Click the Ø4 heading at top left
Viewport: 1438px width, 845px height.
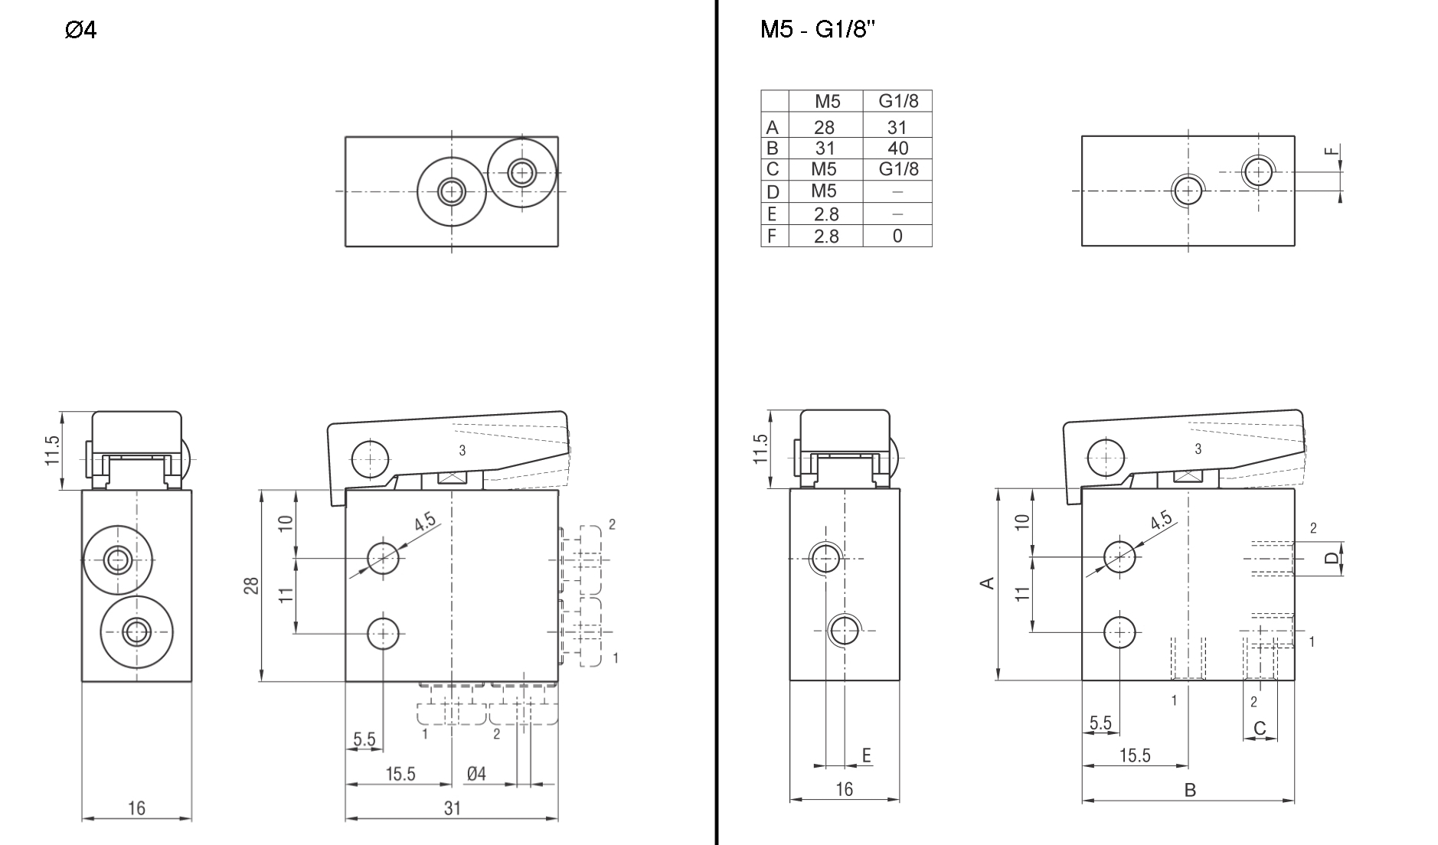click(x=81, y=31)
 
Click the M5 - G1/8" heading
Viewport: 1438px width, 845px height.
click(x=818, y=30)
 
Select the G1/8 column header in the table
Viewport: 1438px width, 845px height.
click(x=897, y=101)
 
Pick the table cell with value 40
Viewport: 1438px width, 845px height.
click(x=897, y=148)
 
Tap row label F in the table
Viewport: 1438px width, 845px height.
click(x=773, y=237)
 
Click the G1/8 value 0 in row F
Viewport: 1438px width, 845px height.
click(x=897, y=237)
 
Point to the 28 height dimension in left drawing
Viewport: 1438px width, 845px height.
click(x=252, y=586)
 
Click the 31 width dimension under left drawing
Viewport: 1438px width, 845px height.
click(x=453, y=808)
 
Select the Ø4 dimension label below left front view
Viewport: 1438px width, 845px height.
click(x=476, y=774)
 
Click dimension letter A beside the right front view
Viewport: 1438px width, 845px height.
click(x=988, y=583)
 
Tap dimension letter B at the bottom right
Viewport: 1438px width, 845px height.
click(x=1190, y=791)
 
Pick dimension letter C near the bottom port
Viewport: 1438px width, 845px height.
click(x=1260, y=728)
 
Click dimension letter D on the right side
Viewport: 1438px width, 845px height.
click(x=1332, y=558)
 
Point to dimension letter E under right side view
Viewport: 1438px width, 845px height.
click(x=867, y=756)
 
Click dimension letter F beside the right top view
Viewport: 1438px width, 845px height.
click(x=1333, y=151)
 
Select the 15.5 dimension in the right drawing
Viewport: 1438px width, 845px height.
click(x=1135, y=756)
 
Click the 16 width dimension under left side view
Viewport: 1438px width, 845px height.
click(x=136, y=808)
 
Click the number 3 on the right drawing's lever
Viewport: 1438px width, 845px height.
click(x=1198, y=449)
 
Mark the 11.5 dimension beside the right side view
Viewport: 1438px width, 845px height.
click(x=760, y=450)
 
